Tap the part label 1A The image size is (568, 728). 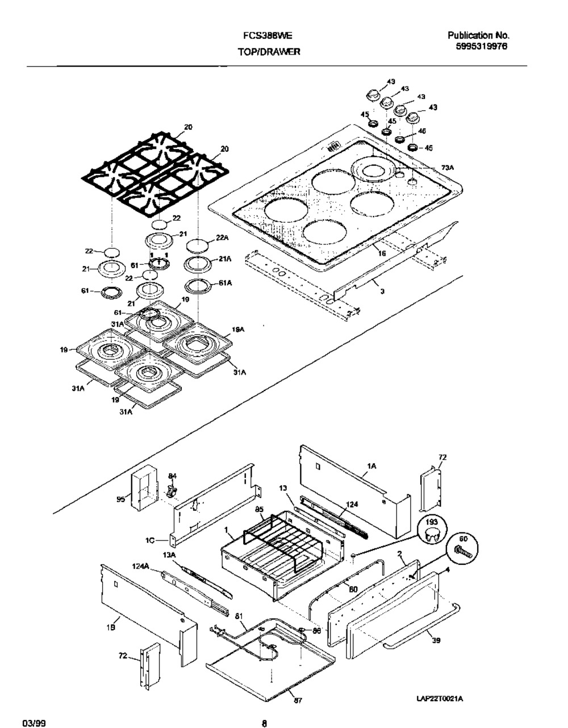click(372, 466)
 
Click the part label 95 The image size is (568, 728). click(120, 500)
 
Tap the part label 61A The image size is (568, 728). click(224, 282)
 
